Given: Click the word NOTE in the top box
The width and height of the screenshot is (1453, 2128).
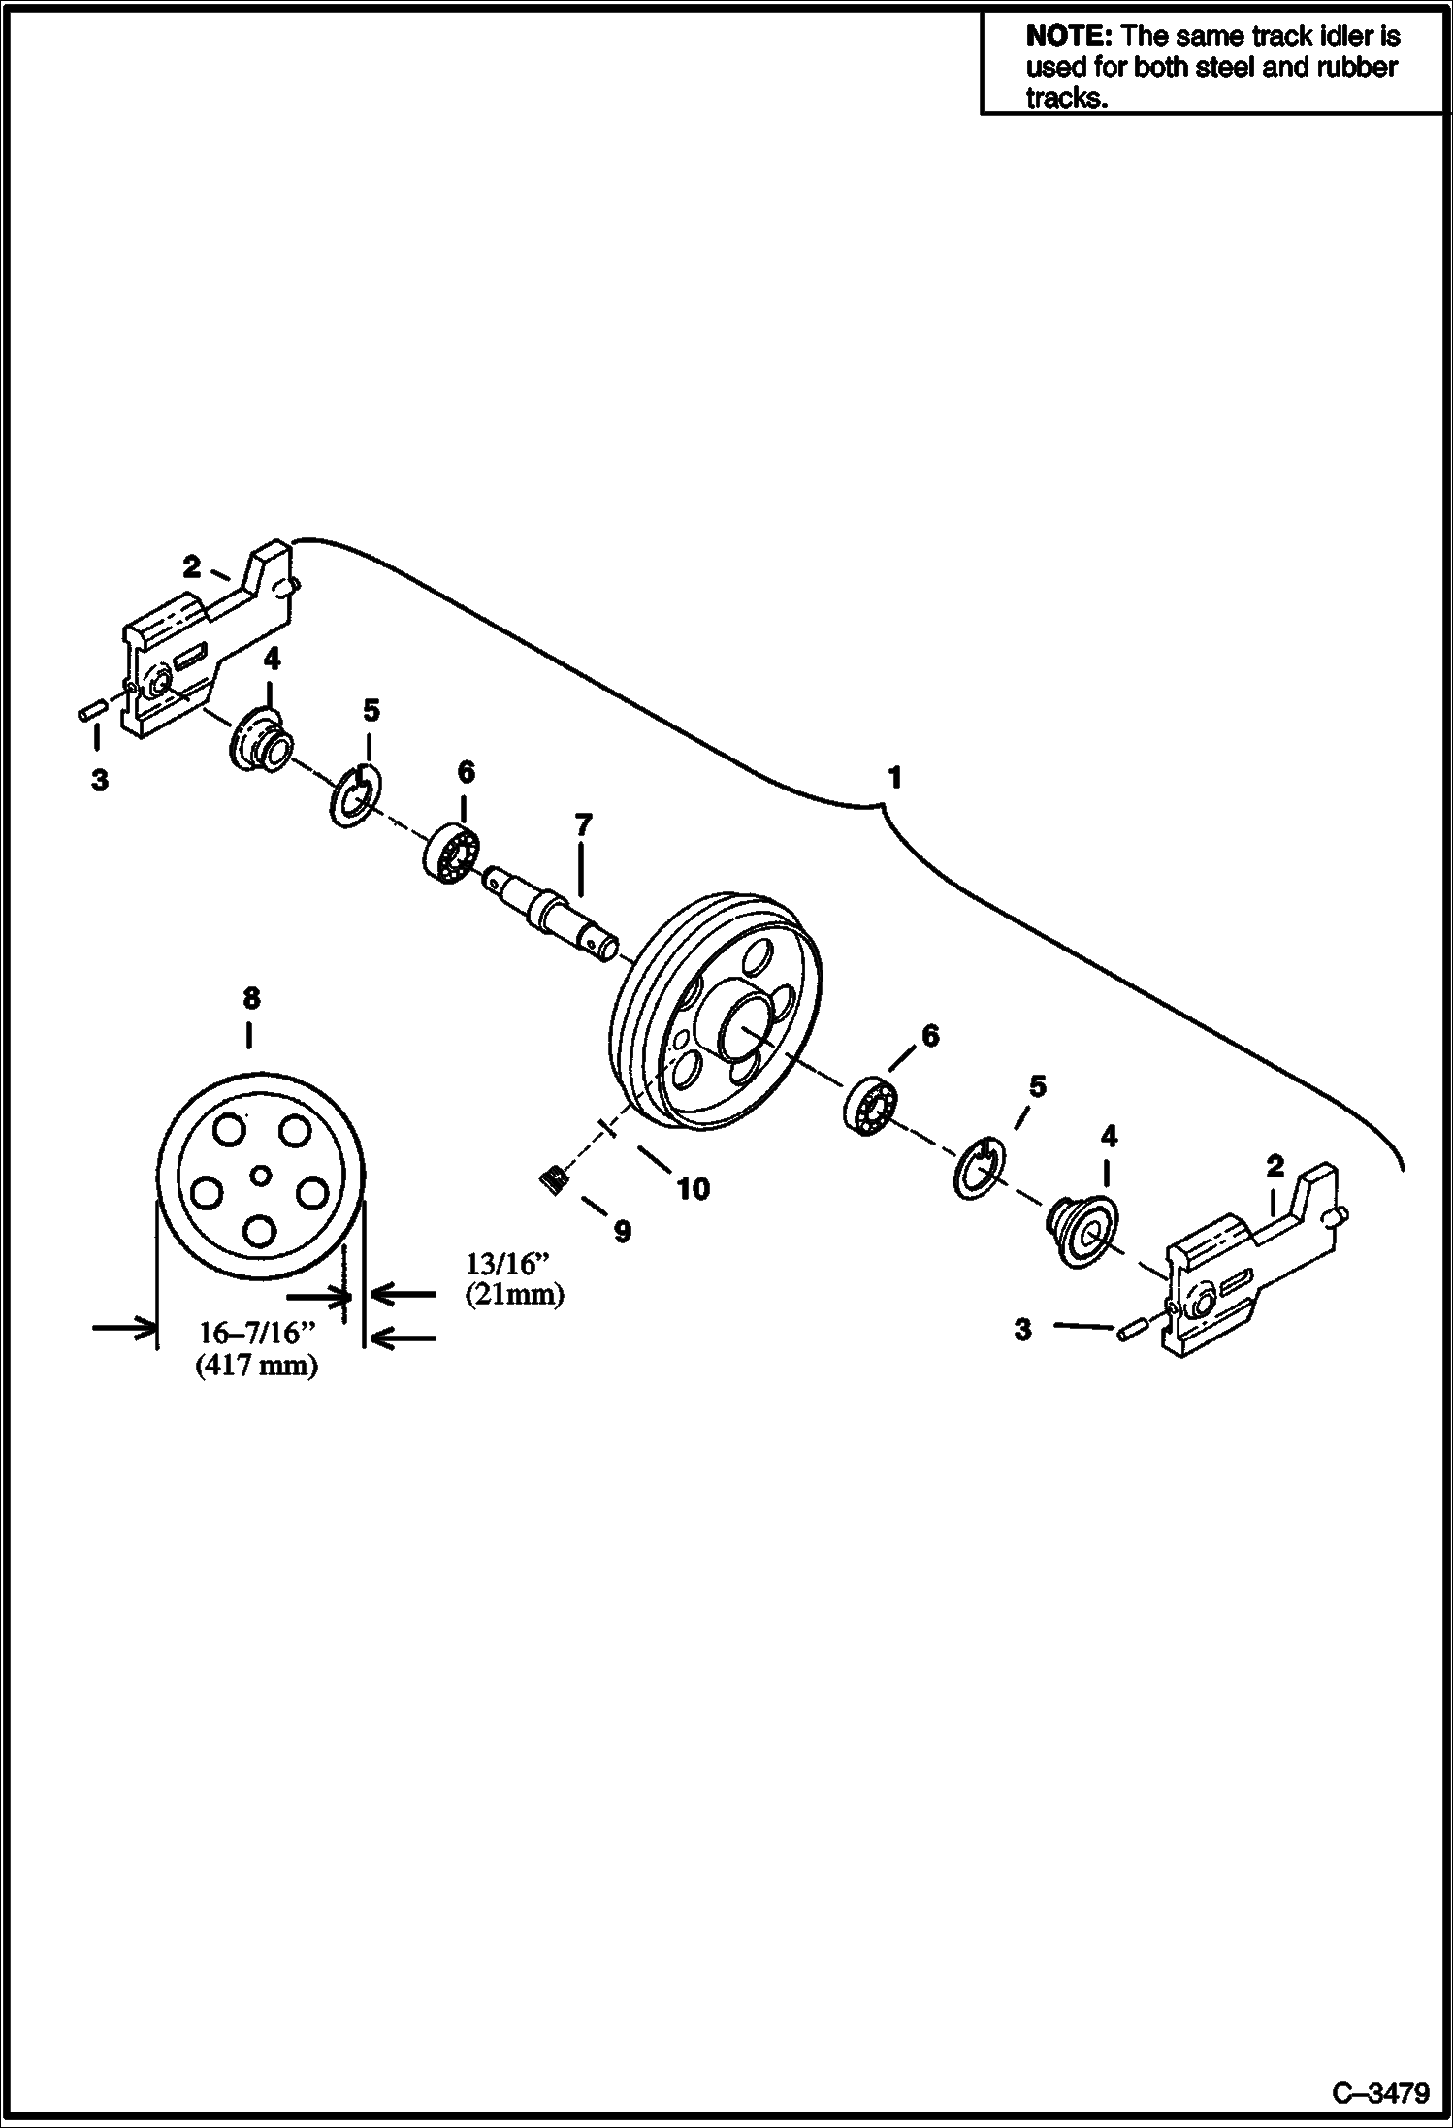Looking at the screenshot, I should (1069, 37).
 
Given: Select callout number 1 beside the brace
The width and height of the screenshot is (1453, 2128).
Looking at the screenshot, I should (894, 778).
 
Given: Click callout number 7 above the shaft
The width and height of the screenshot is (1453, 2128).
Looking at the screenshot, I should (581, 825).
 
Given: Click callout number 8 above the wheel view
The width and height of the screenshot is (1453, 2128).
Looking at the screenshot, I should (250, 997).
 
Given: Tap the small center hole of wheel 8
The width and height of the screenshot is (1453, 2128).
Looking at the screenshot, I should (259, 1176).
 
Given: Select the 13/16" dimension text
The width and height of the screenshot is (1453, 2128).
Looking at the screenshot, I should (507, 1264).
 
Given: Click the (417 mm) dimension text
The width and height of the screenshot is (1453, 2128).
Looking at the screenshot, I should (256, 1367).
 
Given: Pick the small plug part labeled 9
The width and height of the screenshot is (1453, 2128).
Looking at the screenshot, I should (553, 1180).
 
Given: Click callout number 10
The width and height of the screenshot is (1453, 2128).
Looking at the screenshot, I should (693, 1188).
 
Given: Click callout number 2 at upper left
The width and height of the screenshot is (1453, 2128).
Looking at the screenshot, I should (192, 567).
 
